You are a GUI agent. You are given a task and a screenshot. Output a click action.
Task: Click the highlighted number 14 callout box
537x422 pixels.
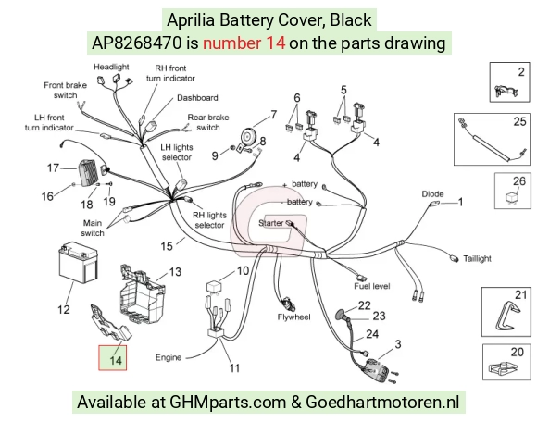pos(113,357)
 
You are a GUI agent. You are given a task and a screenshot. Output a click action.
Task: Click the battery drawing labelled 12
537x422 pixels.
pos(78,263)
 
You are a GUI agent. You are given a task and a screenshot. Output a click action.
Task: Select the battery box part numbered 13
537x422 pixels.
pos(142,293)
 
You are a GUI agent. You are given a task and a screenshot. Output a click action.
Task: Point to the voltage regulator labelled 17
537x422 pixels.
pos(89,173)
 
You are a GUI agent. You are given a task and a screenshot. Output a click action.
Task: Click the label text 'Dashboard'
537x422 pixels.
pos(197,98)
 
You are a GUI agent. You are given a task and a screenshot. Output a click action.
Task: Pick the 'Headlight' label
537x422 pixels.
pos(111,67)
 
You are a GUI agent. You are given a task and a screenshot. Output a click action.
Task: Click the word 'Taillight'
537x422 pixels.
pos(477,259)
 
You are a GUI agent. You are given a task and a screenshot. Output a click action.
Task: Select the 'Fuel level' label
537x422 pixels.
pos(372,286)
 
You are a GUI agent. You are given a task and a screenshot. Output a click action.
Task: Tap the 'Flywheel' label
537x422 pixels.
pos(293,316)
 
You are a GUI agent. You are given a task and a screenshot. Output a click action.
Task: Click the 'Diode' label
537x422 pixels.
pos(432,194)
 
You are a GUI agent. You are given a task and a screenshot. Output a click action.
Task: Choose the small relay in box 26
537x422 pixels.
pos(511,198)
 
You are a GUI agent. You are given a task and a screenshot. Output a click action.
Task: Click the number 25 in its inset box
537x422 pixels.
pos(519,121)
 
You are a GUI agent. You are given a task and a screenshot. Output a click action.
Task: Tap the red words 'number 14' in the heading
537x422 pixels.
pos(244,43)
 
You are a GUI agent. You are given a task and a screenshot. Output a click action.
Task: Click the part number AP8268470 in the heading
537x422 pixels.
pos(137,43)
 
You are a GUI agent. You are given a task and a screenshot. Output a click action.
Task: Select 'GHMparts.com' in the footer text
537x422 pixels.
pos(228,402)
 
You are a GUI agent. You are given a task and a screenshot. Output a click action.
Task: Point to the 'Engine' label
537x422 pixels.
pos(169,357)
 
